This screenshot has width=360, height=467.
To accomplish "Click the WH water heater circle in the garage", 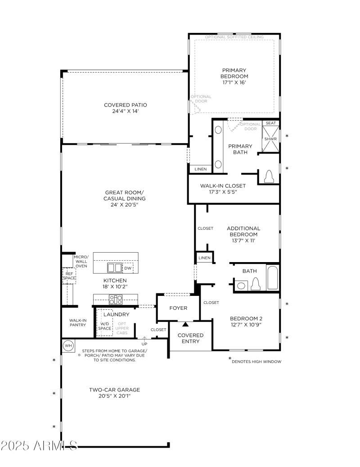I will pos(68,346).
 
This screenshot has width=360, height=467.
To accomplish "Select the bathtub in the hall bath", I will pos(272,278).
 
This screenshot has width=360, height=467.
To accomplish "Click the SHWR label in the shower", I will pos(270,139).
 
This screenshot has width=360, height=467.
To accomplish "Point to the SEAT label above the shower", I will pos(270,123).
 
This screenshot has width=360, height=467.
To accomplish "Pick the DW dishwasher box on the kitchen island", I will pos(128,268).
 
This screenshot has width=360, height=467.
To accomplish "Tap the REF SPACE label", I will pos(69,276).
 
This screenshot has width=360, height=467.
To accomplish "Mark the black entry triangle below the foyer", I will pos(185,324).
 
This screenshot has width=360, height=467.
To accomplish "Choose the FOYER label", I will pos(178,308).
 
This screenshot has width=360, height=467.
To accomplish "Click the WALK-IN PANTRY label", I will pos(77,322).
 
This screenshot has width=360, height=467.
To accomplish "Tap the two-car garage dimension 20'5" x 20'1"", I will pos(114,396).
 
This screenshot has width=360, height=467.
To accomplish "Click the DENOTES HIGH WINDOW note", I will pos(256,361).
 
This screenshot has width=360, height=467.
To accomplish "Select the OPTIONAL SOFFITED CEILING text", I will pos(234,37).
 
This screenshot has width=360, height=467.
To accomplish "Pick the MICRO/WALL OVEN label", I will pos(81,261).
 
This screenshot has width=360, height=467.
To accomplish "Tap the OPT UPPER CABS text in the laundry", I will pos(122,328).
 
